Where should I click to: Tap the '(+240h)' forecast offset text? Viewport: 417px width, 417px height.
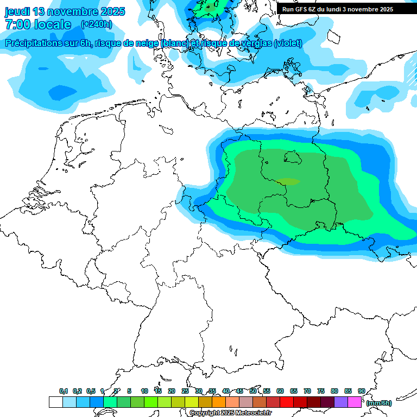[97, 24]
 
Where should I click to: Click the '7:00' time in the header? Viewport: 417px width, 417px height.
[17, 24]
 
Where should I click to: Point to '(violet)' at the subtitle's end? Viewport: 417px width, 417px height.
[288, 43]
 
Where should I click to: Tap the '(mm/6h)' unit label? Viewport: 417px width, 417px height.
[378, 403]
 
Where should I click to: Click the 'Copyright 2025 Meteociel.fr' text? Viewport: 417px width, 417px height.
[230, 413]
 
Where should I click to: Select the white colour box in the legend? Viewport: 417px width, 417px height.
[55, 402]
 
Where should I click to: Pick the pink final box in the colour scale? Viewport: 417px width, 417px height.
[355, 402]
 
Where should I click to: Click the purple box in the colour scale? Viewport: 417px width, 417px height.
[341, 402]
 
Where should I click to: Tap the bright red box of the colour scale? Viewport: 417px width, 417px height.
[287, 402]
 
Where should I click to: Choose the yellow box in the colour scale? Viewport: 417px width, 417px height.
[192, 402]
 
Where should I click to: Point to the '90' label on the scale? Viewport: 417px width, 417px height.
[361, 391]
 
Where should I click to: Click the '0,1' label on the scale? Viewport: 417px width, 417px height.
[64, 391]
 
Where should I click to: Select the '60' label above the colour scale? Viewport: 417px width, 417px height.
[280, 391]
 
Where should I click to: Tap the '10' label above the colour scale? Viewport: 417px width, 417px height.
[144, 391]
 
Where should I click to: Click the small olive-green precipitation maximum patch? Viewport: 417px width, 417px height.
[287, 182]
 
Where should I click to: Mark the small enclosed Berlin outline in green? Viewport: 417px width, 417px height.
[293, 157]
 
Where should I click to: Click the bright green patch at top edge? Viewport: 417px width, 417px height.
[211, 7]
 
